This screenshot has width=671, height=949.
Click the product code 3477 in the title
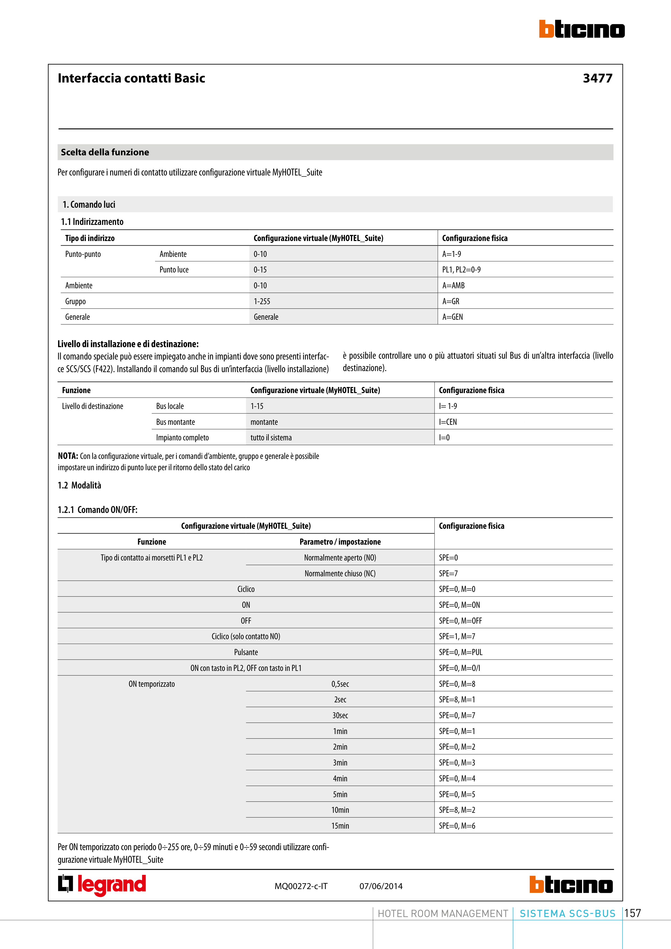pos(597,78)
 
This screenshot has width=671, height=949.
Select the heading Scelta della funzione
pos(105,152)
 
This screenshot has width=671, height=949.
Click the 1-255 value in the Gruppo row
pos(262,301)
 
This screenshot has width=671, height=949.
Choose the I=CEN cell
pos(448,422)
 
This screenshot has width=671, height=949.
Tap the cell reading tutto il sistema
pos(271,438)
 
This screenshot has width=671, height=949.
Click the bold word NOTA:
pos(68,456)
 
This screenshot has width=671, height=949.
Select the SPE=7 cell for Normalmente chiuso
pos(448,573)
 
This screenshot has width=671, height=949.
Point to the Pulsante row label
pos(246,652)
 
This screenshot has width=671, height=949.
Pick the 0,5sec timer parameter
pos(340,684)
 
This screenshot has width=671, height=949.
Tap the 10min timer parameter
pos(340,810)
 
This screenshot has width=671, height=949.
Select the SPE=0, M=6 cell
pos(457,826)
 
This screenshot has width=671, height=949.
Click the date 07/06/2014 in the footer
pos(381,886)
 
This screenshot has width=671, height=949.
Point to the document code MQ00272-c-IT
pos(301,886)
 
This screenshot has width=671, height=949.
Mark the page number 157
pos(633,913)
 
